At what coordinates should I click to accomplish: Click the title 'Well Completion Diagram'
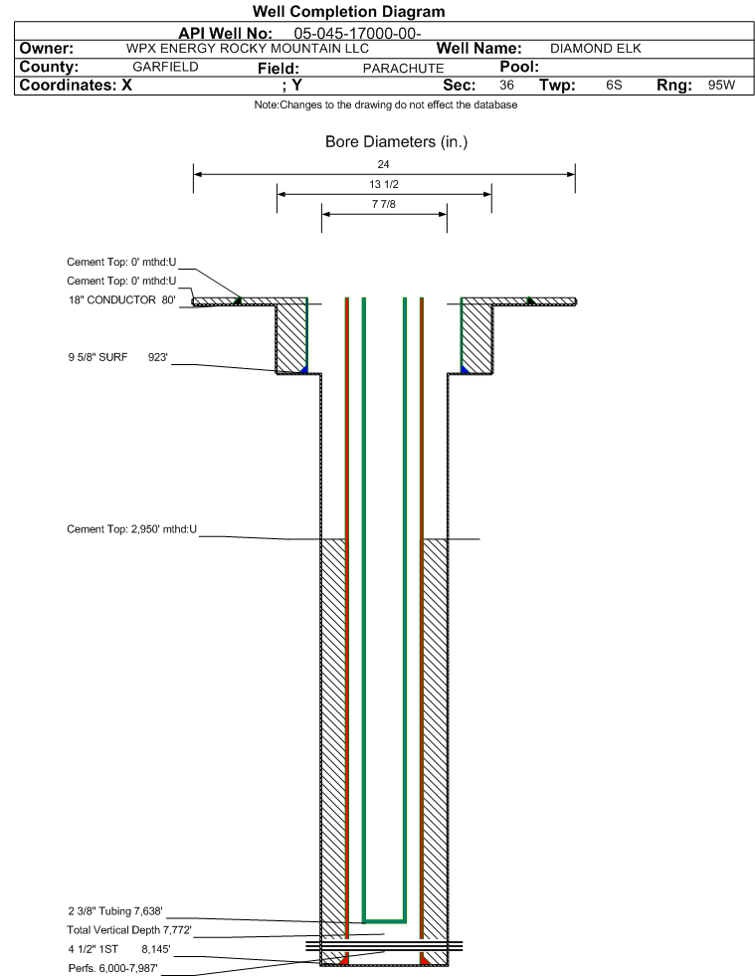[x=348, y=11]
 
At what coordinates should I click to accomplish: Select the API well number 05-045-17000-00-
[x=357, y=33]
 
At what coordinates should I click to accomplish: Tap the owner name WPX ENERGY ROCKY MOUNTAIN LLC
[x=247, y=49]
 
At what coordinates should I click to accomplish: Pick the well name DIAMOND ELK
[x=596, y=49]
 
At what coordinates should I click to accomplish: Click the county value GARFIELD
[x=165, y=67]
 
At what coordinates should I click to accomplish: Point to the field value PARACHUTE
[x=403, y=69]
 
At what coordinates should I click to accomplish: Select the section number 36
[x=506, y=85]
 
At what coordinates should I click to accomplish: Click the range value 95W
[x=721, y=85]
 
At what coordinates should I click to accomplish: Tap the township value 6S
[x=614, y=85]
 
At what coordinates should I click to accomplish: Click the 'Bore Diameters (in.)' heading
[x=397, y=142]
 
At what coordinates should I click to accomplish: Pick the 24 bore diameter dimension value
[x=383, y=164]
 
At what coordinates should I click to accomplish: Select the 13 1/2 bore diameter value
[x=383, y=184]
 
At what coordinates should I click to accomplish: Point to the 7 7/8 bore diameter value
[x=383, y=204]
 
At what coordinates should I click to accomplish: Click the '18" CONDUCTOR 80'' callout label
[x=122, y=300]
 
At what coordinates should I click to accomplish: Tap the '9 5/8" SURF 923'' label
[x=118, y=357]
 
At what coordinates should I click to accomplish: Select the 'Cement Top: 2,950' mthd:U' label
[x=132, y=529]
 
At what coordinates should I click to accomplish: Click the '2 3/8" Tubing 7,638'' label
[x=115, y=911]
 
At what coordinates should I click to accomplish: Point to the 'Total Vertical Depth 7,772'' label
[x=129, y=930]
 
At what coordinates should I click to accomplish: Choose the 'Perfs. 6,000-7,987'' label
[x=113, y=968]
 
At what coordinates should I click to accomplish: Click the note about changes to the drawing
[x=386, y=104]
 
